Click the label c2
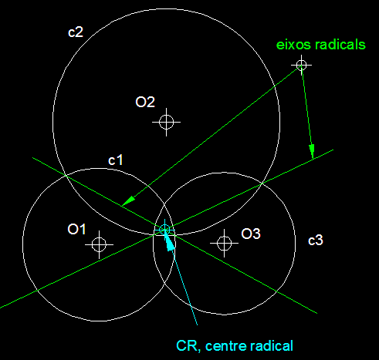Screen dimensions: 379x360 click(76, 32)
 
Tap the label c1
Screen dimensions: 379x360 click(116, 160)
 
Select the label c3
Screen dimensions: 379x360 click(316, 241)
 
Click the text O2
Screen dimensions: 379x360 click(145, 102)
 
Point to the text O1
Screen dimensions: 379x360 click(76, 229)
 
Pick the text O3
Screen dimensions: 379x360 click(251, 234)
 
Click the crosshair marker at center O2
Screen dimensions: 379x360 click(166, 122)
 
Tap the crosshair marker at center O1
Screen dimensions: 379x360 click(99, 244)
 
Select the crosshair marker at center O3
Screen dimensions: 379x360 click(224, 243)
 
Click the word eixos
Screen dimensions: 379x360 click(294, 45)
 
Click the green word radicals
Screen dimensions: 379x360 click(340, 45)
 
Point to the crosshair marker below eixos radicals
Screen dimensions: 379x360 click(301, 65)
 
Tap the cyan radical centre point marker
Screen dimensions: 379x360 click(164, 229)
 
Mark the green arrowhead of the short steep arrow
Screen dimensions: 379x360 click(312, 151)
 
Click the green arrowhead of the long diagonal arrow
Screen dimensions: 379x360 click(128, 200)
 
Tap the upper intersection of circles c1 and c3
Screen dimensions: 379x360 click(164, 203)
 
